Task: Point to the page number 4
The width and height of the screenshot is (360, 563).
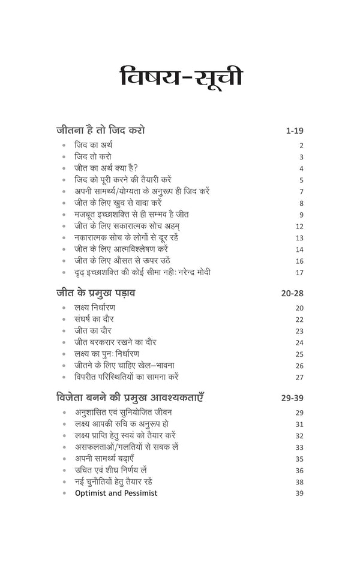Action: tap(301, 168)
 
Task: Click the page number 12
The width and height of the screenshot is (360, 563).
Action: tap(300, 226)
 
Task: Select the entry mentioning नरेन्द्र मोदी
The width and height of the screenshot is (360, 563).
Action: tap(146, 272)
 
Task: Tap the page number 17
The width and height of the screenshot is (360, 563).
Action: tap(300, 272)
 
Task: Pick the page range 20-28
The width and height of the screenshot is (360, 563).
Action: tap(290, 293)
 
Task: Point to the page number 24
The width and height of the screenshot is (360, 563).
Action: tap(300, 343)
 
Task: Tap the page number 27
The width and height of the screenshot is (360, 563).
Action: tap(300, 378)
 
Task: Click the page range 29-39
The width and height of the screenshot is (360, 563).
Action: tap(290, 398)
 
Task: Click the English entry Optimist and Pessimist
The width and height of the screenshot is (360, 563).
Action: tap(116, 493)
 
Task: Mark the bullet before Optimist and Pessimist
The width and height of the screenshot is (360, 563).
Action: tap(64, 493)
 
